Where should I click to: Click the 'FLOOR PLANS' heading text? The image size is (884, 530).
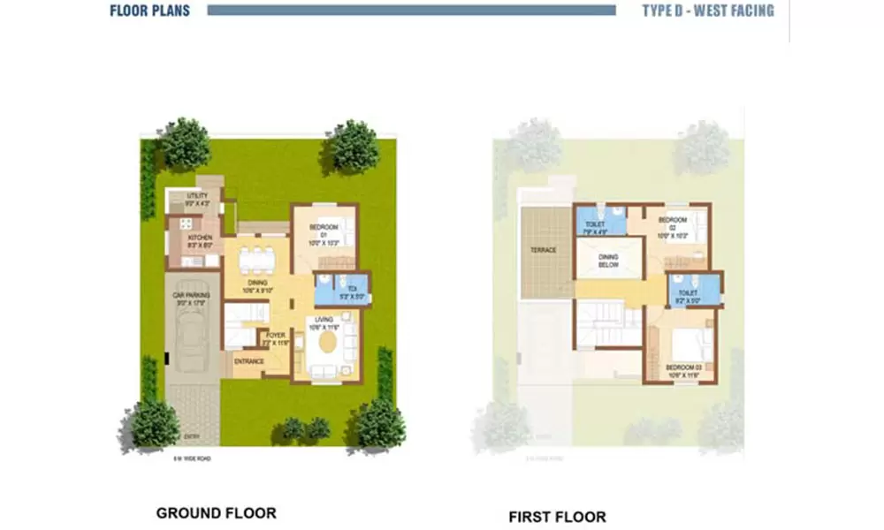coord(149,11)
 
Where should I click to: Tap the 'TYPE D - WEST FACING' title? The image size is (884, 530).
coord(708,11)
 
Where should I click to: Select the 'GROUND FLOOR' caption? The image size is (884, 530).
coord(216,512)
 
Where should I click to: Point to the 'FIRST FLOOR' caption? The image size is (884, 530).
coord(557,516)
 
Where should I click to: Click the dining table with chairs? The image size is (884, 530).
coord(257,259)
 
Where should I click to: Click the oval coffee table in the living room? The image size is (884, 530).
coord(328,340)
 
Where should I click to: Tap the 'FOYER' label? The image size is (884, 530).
coord(277,337)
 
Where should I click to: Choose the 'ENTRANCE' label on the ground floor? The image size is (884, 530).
coord(248,361)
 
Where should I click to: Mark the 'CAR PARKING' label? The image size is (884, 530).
coord(193,299)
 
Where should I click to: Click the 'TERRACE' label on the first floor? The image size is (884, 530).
coord(543,250)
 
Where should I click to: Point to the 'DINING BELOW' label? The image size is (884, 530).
coord(609,261)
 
